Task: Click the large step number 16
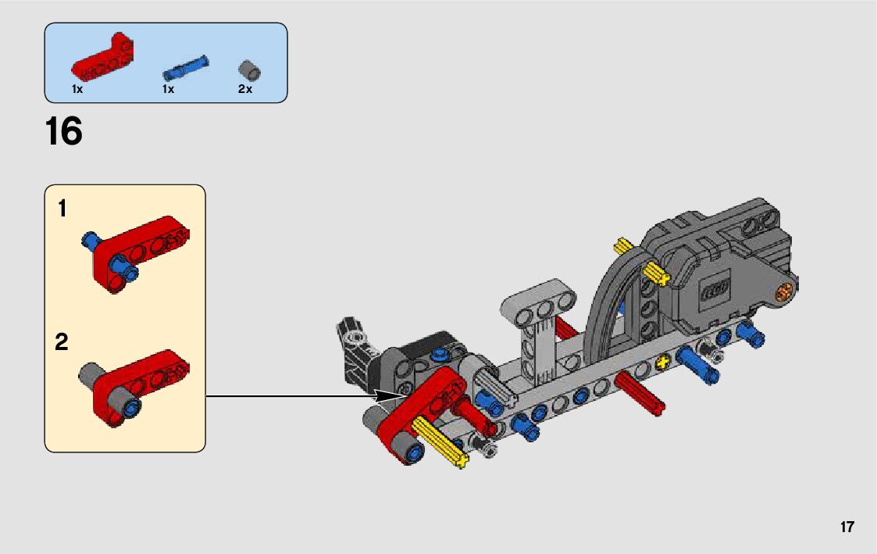click(64, 132)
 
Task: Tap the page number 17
click(847, 527)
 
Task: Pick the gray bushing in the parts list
click(249, 70)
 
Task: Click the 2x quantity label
click(245, 89)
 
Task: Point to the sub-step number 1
click(62, 209)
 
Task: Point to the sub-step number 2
click(62, 342)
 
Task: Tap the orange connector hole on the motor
click(783, 294)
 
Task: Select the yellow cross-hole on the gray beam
click(664, 362)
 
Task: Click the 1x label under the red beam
click(77, 89)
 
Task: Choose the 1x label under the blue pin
click(168, 89)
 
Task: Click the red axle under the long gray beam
click(639, 390)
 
